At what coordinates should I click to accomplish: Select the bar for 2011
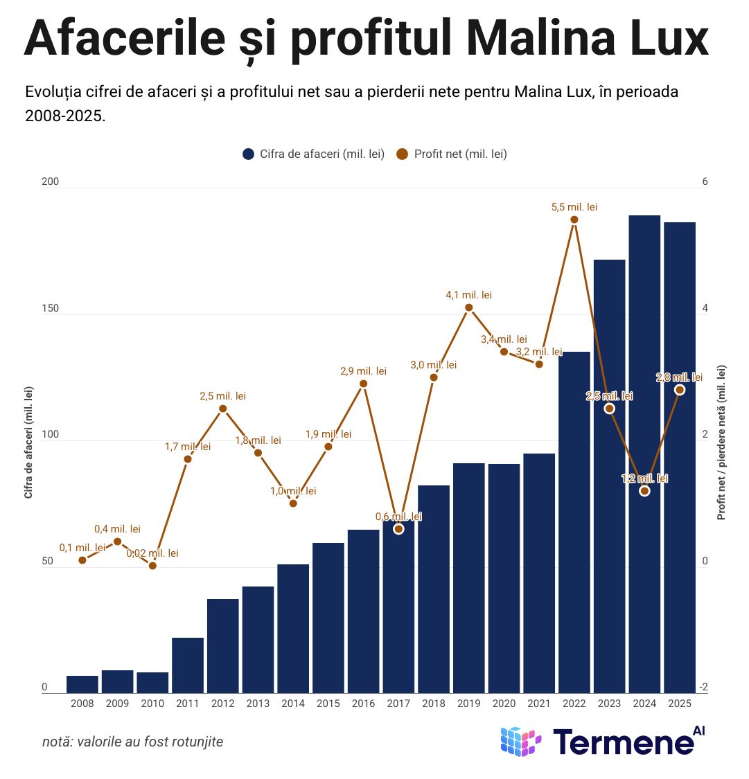pyautogui.click(x=188, y=665)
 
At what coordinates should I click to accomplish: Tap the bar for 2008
pyautogui.click(x=82, y=683)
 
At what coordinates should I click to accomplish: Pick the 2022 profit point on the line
pyautogui.click(x=574, y=220)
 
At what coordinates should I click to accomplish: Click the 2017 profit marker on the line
pyautogui.click(x=398, y=529)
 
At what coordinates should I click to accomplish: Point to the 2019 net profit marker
pyautogui.click(x=469, y=307)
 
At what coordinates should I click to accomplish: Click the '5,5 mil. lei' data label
pyautogui.click(x=574, y=207)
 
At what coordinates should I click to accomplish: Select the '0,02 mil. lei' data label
pyautogui.click(x=152, y=553)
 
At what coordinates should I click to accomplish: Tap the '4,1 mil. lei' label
pyautogui.click(x=468, y=295)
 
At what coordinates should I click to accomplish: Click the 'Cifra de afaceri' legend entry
pyautogui.click(x=314, y=154)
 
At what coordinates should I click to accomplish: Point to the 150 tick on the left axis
pyautogui.click(x=50, y=308)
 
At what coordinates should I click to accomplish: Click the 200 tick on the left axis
pyautogui.click(x=50, y=181)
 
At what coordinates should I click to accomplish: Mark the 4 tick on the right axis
pyautogui.click(x=705, y=308)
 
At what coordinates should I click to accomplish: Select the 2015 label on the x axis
pyautogui.click(x=328, y=704)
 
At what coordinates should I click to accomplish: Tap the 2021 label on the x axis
pyautogui.click(x=539, y=704)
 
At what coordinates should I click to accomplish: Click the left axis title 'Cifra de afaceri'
pyautogui.click(x=28, y=443)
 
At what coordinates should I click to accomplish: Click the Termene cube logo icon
pyautogui.click(x=520, y=742)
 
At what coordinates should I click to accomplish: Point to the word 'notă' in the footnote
pyautogui.click(x=57, y=742)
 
